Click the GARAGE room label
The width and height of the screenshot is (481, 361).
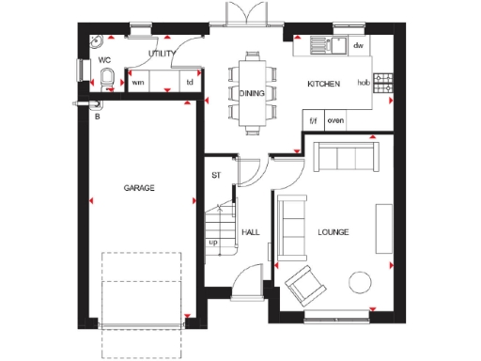pos(139,188)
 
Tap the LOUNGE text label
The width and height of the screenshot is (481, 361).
pos(334,230)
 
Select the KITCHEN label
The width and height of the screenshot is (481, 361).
pos(323,85)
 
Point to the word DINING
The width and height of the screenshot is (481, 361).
pos(253,93)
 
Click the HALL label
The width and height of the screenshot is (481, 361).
pos(251,230)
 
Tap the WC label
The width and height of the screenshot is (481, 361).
pos(104,60)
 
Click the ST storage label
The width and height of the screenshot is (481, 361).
pos(215,175)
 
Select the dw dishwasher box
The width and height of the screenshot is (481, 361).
pos(357,45)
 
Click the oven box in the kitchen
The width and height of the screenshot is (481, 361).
pos(334,121)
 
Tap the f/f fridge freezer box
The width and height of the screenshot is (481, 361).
pos(314,121)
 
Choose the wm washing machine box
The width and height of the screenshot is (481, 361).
pos(138,83)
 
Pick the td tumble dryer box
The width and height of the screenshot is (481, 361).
pos(190,83)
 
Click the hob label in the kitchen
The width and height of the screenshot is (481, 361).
pos(364,83)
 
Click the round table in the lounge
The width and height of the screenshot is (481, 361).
pos(360,283)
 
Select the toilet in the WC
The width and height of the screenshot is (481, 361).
pos(108,79)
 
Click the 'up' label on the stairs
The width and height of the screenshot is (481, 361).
pos(213,242)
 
